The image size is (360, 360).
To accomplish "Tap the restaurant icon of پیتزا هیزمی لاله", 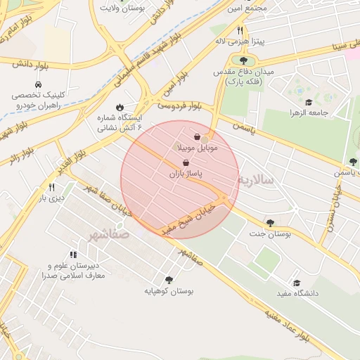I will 240,31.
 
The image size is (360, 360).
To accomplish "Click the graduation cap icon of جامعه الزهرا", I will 309,103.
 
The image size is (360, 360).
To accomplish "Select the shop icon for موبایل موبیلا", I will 197,137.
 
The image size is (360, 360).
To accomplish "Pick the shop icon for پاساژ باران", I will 185,162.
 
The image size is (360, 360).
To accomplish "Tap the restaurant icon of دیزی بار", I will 51,188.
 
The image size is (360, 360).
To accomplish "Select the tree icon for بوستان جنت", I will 271,222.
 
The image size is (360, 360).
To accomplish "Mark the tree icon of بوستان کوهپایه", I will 168,279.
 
